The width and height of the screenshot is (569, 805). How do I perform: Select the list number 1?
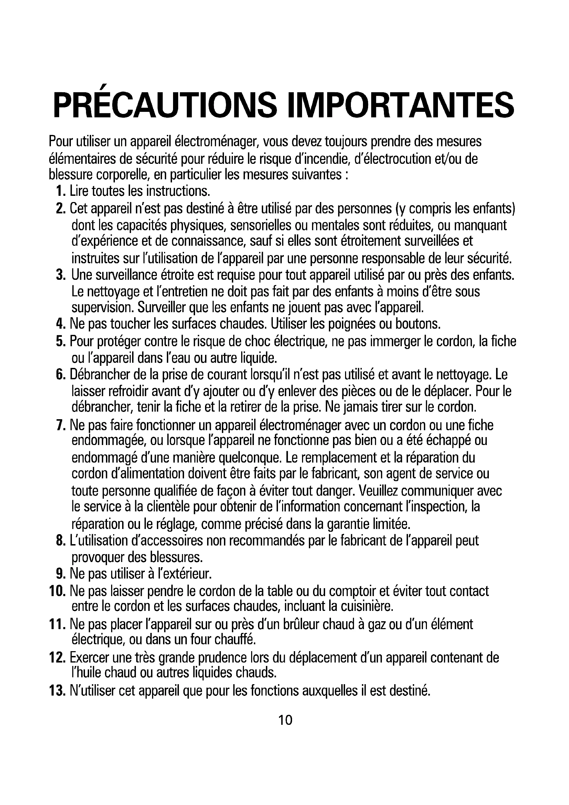[61, 191]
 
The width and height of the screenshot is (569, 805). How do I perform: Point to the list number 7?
[61, 426]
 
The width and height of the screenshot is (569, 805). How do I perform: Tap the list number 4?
[61, 324]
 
